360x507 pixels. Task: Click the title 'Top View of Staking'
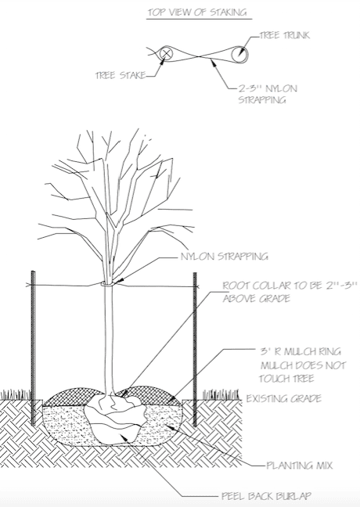tap(197, 13)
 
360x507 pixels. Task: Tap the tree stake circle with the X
tap(167, 53)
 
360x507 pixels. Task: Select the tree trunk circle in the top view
tap(240, 54)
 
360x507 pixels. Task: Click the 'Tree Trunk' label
tap(285, 35)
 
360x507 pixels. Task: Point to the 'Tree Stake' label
tap(121, 75)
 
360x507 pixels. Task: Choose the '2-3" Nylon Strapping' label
tap(268, 94)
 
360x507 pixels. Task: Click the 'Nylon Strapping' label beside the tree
tap(225, 257)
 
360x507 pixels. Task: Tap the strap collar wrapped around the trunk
tap(108, 284)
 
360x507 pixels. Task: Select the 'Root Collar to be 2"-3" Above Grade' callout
tap(290, 292)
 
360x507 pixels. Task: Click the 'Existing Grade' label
tap(283, 398)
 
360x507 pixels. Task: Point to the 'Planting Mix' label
tap(300, 466)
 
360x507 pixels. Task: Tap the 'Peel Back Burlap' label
tap(266, 495)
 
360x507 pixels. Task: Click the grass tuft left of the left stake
tap(15, 394)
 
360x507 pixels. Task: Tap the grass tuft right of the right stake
tap(221, 394)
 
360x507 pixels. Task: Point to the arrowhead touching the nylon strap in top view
tap(213, 63)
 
